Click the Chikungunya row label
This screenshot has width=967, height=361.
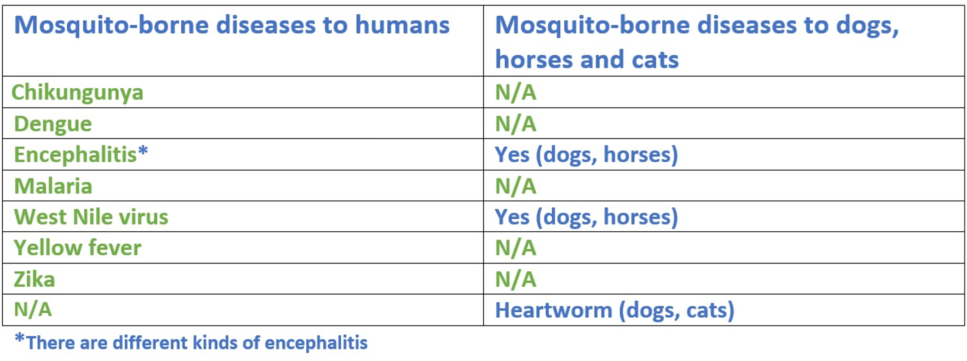coord(77,93)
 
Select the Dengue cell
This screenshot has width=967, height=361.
coord(53,124)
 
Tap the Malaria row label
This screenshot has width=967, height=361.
coord(53,186)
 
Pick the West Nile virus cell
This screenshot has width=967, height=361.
coord(91,217)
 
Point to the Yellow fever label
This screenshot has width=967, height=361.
coord(77,248)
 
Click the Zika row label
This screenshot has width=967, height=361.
coord(35,279)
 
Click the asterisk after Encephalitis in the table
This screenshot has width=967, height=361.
coord(143,150)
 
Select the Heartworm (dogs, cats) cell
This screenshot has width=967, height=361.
coord(614,310)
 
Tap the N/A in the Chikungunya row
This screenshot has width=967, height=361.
coord(515,92)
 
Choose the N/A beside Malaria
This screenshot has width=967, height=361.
coord(515,186)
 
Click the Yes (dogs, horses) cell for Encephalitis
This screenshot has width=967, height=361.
coord(586,155)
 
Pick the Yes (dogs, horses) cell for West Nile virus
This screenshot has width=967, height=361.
coord(586,217)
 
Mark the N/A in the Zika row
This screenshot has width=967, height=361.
coord(515,279)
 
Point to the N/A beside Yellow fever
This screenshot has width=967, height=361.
coord(515,248)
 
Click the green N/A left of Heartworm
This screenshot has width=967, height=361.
coord(33,309)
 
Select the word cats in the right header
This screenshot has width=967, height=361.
coord(655,60)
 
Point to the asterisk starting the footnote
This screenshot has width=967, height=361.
coord(19,338)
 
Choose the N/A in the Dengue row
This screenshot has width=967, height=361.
coord(515,124)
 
